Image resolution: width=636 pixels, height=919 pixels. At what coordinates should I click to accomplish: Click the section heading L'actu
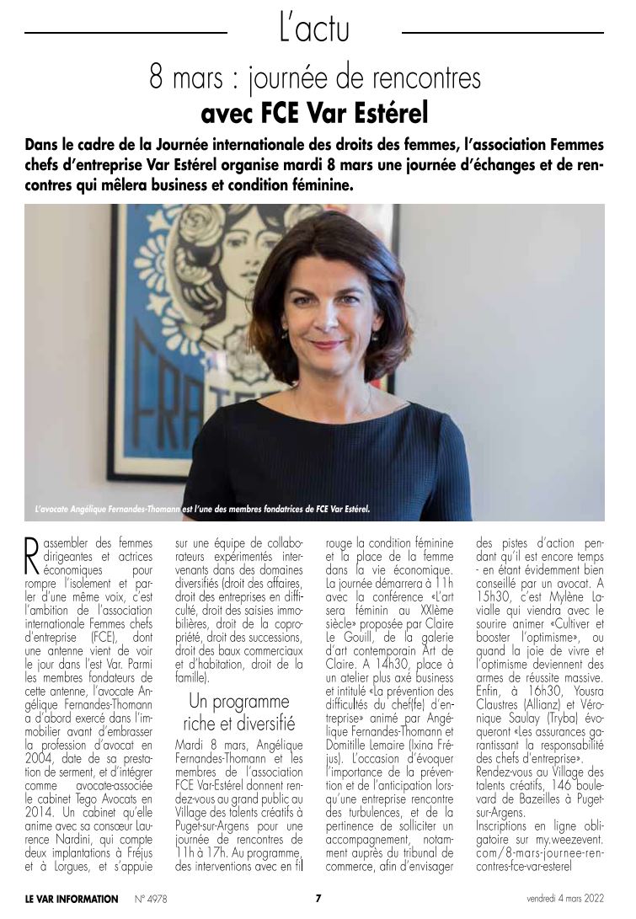[x=313, y=30]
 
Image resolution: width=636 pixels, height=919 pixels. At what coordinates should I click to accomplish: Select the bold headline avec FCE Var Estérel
[x=314, y=111]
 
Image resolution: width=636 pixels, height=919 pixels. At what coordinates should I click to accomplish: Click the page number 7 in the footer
[x=318, y=898]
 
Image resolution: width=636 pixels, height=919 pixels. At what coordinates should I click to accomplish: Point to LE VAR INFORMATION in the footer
[x=72, y=899]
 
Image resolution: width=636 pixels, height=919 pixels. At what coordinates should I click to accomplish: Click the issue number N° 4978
[x=151, y=899]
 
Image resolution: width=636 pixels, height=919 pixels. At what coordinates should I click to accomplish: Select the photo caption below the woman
[x=202, y=509]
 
